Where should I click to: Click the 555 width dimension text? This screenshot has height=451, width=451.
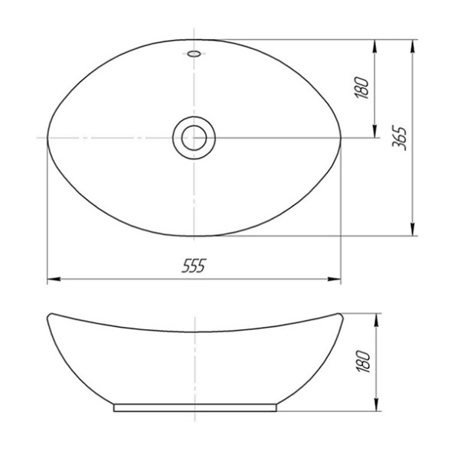coord(194,266)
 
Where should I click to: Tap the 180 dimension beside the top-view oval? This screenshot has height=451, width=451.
coord(364,87)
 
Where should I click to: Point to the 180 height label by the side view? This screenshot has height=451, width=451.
coord(364,361)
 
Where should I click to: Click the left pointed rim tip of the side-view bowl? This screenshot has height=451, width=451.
coord(48,315)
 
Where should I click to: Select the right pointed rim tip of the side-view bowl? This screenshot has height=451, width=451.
coord(338,315)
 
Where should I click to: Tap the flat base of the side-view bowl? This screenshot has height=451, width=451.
coord(194,408)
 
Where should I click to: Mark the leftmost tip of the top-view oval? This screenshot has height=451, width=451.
coord(47,139)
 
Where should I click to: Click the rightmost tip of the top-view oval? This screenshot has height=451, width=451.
coord(340,139)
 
